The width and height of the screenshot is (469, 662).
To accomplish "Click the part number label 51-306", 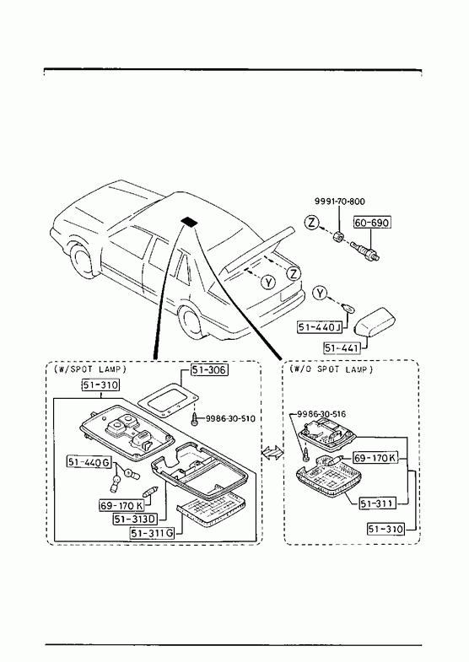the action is [209, 370].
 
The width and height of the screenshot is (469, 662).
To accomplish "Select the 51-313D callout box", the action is [135, 519].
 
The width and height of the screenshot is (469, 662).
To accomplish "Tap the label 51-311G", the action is [152, 533].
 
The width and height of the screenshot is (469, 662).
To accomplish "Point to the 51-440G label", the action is [89, 462].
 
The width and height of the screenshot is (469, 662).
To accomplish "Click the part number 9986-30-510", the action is [230, 418].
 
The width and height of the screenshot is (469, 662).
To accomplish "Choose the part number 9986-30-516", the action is [321, 414].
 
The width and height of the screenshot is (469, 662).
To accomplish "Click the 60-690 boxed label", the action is [372, 222].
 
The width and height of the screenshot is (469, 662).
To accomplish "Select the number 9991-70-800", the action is [340, 201].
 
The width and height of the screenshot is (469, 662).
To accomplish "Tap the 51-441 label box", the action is [342, 347].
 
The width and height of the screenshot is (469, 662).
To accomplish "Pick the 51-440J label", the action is [320, 326].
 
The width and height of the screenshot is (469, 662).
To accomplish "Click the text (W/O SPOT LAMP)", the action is [331, 369].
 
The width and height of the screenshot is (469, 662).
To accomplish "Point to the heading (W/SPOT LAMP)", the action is [90, 369].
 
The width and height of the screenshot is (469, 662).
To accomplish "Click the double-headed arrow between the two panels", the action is [272, 452].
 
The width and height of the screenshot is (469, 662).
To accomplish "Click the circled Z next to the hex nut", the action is [311, 222].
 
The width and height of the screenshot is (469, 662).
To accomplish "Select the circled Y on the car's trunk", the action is [268, 282].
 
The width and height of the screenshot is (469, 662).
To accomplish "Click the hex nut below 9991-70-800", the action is [338, 238].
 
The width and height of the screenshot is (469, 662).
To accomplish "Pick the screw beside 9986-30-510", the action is [194, 420].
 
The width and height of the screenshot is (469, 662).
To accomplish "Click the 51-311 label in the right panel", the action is [377, 503].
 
